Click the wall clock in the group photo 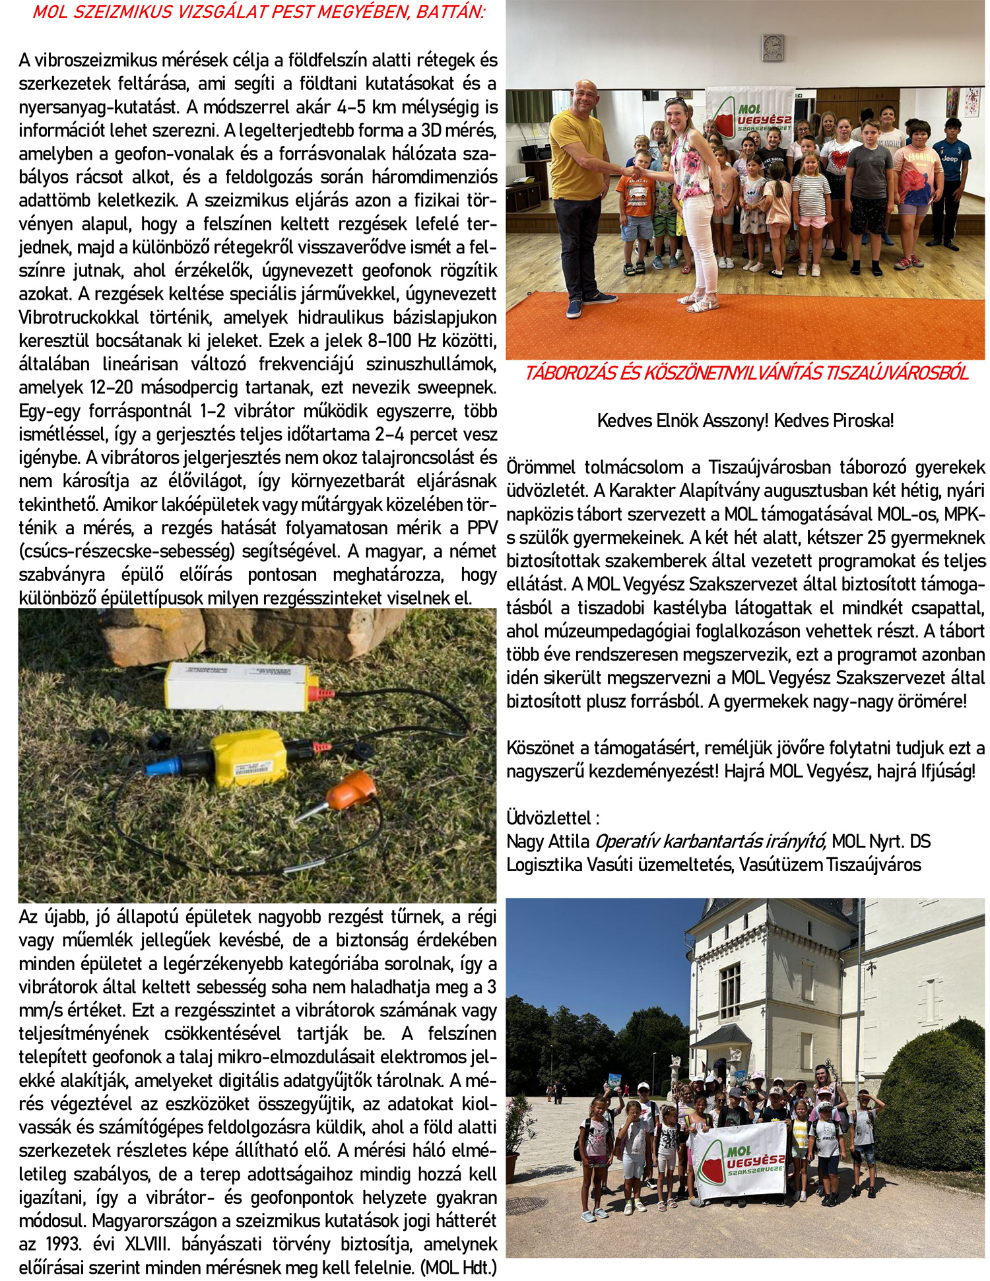point(772,48)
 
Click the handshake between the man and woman point(632,172)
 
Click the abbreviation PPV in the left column point(482,528)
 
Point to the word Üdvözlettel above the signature point(550,818)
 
